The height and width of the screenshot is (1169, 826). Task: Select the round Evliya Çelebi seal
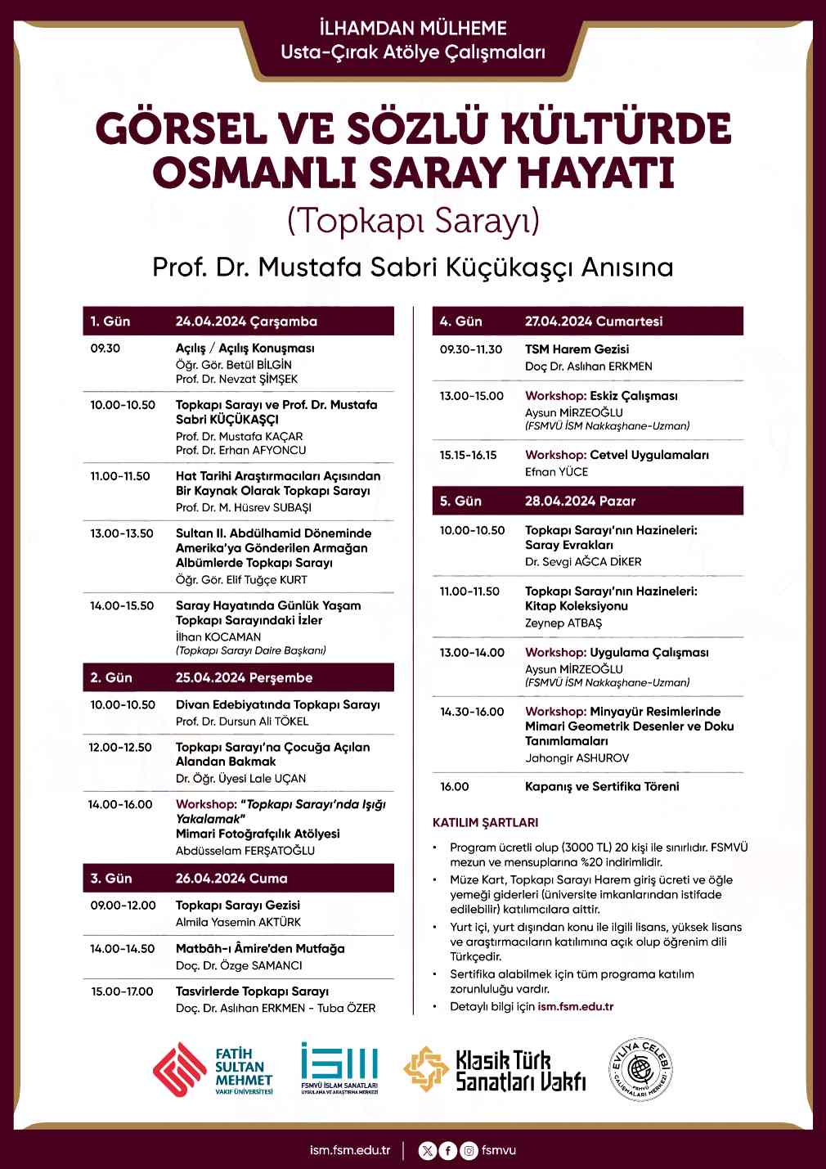(x=642, y=1070)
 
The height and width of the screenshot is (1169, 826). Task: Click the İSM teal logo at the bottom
(x=339, y=1068)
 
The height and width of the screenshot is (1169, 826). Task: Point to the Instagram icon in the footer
(x=469, y=1151)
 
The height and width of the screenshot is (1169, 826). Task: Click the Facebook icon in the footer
(x=448, y=1151)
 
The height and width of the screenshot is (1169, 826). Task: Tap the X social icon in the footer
(x=427, y=1151)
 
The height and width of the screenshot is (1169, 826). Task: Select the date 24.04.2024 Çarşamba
(x=246, y=321)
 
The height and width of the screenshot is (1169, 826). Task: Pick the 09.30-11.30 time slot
(x=471, y=349)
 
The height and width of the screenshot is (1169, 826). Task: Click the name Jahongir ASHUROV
(x=577, y=758)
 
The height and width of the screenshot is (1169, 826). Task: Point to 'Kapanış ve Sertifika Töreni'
(x=602, y=786)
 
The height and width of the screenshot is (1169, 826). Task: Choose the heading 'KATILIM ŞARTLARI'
(x=485, y=822)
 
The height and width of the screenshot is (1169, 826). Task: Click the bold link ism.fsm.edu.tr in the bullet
(x=576, y=1006)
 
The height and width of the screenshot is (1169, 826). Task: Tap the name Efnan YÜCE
(x=556, y=471)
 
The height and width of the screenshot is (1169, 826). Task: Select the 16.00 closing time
(x=455, y=786)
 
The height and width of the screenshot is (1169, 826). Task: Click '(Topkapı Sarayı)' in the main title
(x=413, y=222)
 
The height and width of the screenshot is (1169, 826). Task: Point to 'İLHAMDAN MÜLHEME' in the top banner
(x=413, y=29)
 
